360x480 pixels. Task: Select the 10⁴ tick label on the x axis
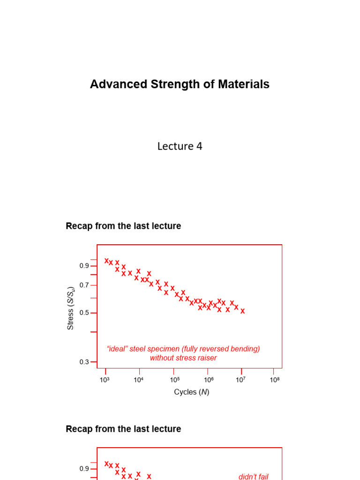pyautogui.click(x=138, y=380)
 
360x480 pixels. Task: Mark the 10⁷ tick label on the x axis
pyautogui.click(x=240, y=380)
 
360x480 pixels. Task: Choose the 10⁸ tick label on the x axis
pyautogui.click(x=275, y=380)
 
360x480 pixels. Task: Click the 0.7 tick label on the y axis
pyautogui.click(x=84, y=285)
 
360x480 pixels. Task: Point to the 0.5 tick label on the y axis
pyautogui.click(x=84, y=313)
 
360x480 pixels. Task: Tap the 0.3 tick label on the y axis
pyautogui.click(x=84, y=362)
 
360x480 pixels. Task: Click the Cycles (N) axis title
pyautogui.click(x=191, y=392)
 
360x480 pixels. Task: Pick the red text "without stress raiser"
pyautogui.click(x=183, y=358)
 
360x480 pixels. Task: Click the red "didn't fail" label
pyautogui.click(x=253, y=476)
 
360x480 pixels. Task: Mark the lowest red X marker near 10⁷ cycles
pyautogui.click(x=242, y=311)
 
